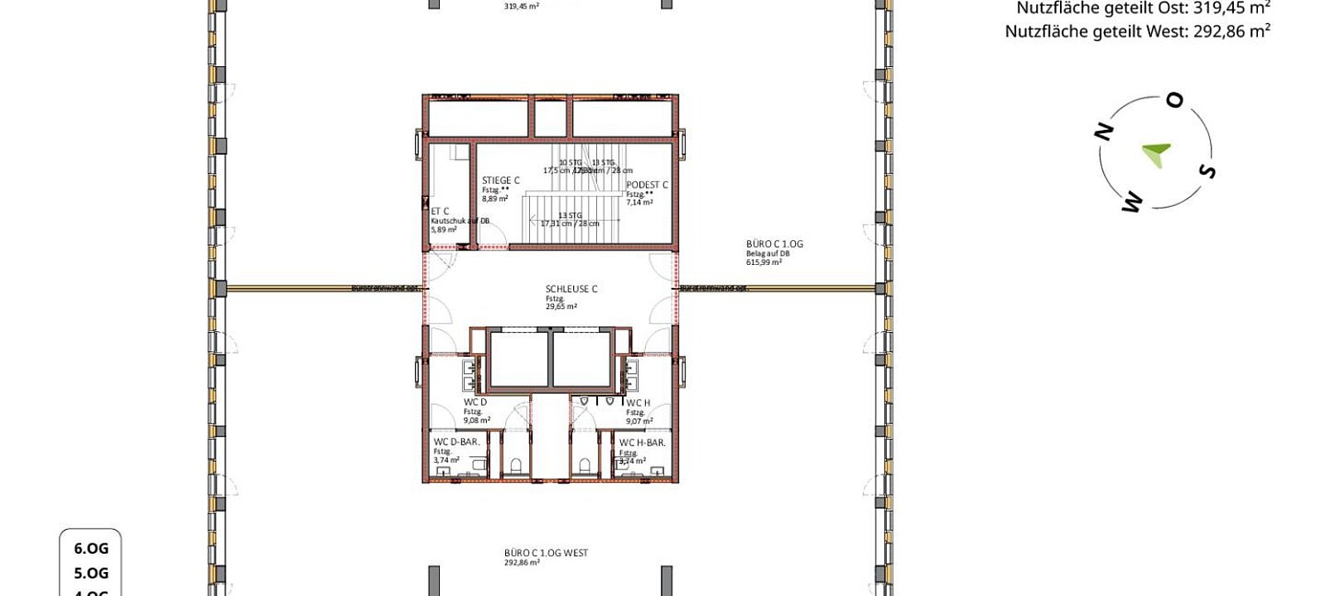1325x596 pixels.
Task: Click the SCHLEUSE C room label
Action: pyautogui.click(x=571, y=289)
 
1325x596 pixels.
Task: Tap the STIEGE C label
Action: pyautogui.click(x=500, y=180)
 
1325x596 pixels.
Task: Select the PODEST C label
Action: pyautogui.click(x=647, y=185)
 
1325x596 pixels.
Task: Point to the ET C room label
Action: pyautogui.click(x=440, y=212)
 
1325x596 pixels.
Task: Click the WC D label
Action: pyautogui.click(x=475, y=402)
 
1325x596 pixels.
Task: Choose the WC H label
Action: pyautogui.click(x=638, y=403)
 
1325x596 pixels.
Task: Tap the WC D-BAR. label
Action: pyautogui.click(x=456, y=442)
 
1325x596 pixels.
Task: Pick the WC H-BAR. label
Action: pyautogui.click(x=642, y=443)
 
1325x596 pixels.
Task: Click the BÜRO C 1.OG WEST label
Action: pyautogui.click(x=546, y=553)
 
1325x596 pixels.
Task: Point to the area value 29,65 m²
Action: pyautogui.click(x=561, y=306)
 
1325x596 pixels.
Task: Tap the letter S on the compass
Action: pyautogui.click(x=1207, y=171)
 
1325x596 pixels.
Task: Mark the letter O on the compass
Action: pyautogui.click(x=1174, y=101)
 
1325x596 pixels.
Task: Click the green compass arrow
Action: pyautogui.click(x=1156, y=153)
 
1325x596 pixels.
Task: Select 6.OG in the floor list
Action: pyautogui.click(x=91, y=548)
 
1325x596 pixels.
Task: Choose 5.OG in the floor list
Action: pyautogui.click(x=91, y=573)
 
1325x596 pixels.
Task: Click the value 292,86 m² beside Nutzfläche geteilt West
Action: pyautogui.click(x=1232, y=31)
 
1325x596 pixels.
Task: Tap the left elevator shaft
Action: pyautogui.click(x=518, y=359)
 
